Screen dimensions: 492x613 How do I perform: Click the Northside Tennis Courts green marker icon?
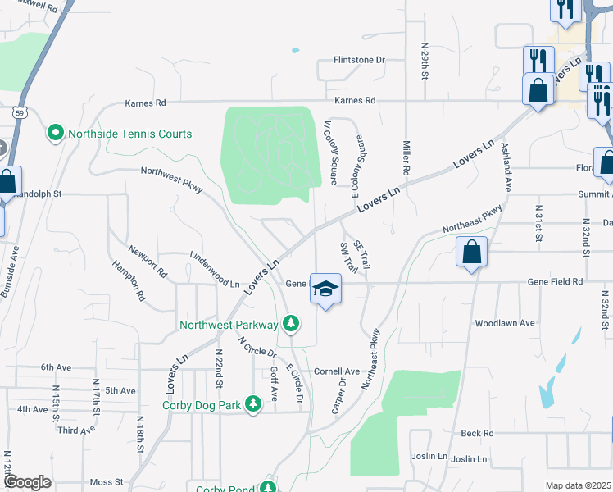coord(56,133)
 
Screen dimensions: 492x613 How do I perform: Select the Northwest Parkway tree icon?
coord(290,325)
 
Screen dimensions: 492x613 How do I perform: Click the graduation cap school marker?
coord(326,289)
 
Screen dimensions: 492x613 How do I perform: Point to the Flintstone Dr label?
coord(359,60)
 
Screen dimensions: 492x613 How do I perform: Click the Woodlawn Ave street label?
coord(505,323)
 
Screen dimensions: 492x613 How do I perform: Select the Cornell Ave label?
coord(337,371)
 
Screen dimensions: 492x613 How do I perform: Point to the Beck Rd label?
coord(477,433)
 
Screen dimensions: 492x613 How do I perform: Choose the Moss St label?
coord(107,482)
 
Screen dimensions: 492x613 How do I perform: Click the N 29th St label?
coord(425,61)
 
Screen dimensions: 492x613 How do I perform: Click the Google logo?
coord(27,482)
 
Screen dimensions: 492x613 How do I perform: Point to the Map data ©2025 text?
coord(579,485)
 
